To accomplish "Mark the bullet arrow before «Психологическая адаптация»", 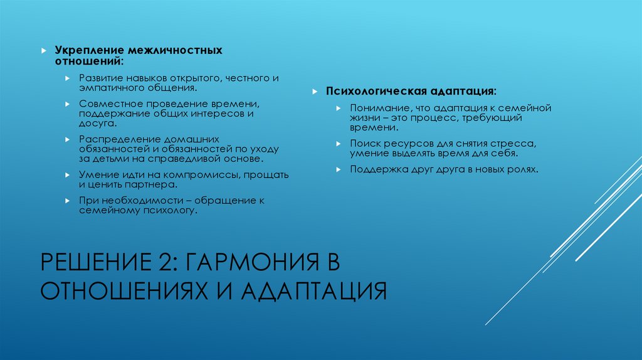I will coord(313,92).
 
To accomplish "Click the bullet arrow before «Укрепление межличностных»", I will coord(43,50).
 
